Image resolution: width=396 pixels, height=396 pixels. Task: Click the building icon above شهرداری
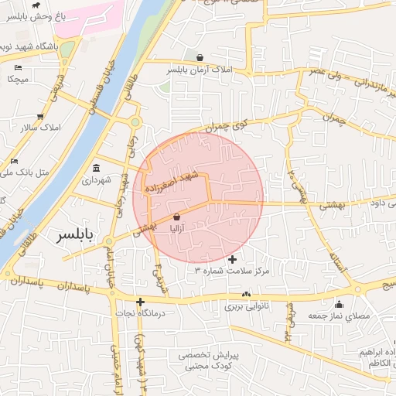click(96, 168)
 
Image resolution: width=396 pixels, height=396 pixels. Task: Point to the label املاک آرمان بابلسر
click(200, 70)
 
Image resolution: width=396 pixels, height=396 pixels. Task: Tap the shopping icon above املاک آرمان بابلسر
click(200, 57)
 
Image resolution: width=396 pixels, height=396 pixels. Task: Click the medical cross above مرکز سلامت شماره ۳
click(233, 258)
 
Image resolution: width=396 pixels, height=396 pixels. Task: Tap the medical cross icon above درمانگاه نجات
click(140, 302)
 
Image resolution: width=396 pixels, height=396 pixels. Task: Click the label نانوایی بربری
click(246, 306)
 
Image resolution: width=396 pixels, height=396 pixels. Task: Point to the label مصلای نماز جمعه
click(340, 316)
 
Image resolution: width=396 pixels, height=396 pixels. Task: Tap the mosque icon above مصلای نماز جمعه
click(339, 303)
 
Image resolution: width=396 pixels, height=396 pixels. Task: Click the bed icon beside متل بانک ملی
click(14, 161)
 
